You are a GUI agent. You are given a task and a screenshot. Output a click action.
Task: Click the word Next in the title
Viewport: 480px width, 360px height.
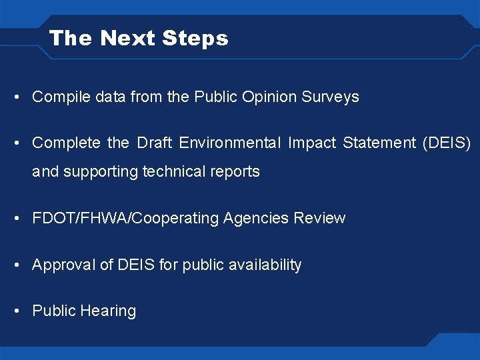(129, 38)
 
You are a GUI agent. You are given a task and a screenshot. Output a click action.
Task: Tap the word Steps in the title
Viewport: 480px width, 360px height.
(197, 38)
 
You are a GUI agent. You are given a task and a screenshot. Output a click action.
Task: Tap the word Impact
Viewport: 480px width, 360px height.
(312, 143)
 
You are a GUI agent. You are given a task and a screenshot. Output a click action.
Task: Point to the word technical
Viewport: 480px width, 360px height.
(174, 171)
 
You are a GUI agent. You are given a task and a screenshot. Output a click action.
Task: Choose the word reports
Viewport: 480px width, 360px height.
(233, 172)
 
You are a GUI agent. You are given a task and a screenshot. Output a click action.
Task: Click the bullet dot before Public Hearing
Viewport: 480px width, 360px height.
(15, 311)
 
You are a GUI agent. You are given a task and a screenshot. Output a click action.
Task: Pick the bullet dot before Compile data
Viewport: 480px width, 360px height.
(15, 97)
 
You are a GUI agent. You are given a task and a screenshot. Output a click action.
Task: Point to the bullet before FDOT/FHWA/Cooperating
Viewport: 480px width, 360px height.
(15, 218)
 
